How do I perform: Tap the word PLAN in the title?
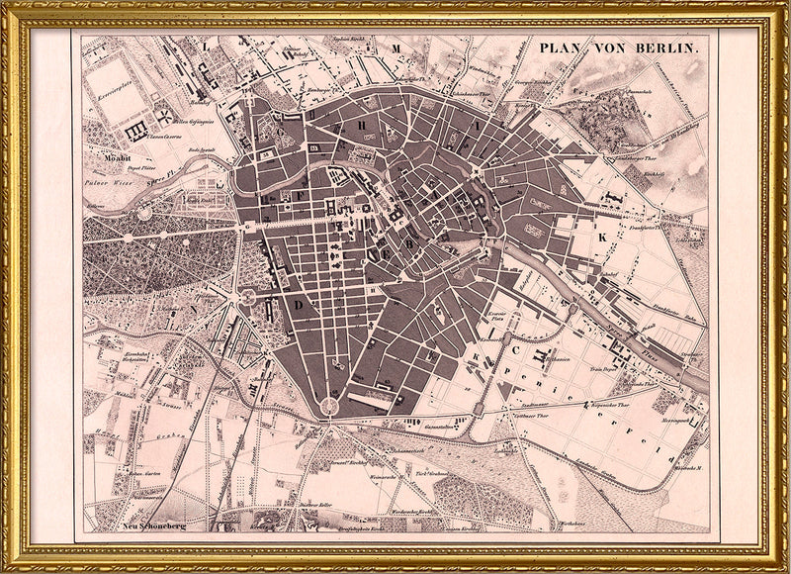point(560,48)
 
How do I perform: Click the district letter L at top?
point(204,46)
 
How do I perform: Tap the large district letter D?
point(295,304)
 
